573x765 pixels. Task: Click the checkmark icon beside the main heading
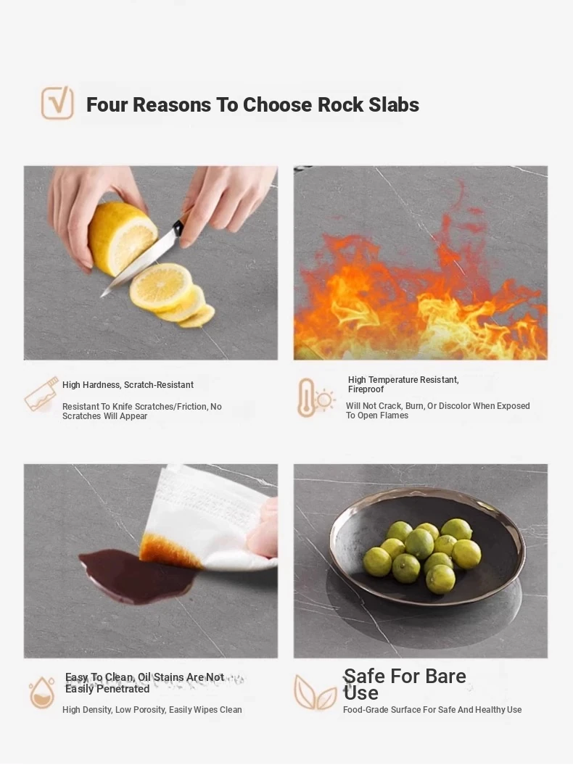pyautogui.click(x=57, y=103)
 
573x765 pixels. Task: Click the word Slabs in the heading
pyautogui.click(x=394, y=104)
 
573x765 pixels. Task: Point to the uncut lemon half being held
pyautogui.click(x=122, y=237)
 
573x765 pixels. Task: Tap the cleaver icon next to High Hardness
pyautogui.click(x=41, y=394)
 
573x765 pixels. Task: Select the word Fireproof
pyautogui.click(x=366, y=389)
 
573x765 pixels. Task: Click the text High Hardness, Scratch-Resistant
pyautogui.click(x=128, y=385)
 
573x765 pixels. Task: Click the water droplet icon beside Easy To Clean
pyautogui.click(x=42, y=692)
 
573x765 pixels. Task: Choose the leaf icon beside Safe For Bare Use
pyautogui.click(x=315, y=692)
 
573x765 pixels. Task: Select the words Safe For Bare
pyautogui.click(x=405, y=677)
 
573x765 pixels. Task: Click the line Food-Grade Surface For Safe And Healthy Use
pyautogui.click(x=432, y=710)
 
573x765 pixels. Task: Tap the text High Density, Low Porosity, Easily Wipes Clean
pyautogui.click(x=152, y=710)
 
